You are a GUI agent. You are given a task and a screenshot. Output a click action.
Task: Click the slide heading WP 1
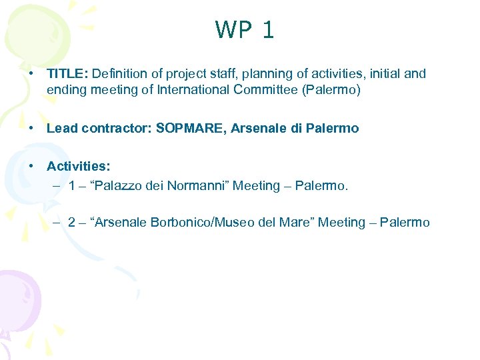[x=244, y=30]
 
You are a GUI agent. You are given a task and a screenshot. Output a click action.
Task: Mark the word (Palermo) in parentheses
[x=331, y=90]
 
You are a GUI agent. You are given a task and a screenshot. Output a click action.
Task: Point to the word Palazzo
[x=123, y=185]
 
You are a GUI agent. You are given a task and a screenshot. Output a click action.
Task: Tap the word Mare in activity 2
[x=296, y=222]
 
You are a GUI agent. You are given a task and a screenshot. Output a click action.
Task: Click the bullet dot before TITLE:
[x=31, y=73]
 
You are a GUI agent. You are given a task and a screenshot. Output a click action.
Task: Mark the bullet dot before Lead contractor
[x=31, y=128]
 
